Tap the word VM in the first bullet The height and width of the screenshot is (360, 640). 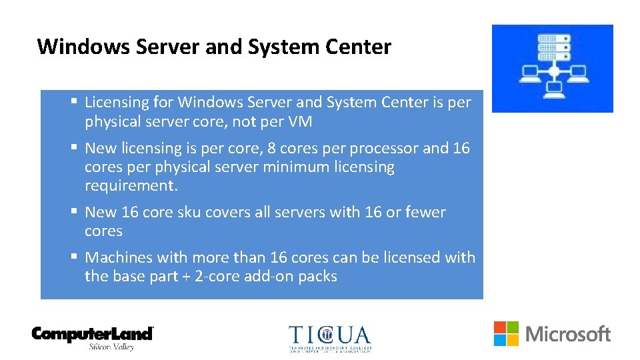tap(300, 122)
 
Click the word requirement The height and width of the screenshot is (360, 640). tap(129, 185)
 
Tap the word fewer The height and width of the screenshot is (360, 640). tap(426, 212)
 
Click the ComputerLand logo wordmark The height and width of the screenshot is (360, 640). tap(93, 333)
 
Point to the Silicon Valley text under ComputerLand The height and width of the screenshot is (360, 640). tap(111, 347)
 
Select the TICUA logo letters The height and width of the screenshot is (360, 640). tap(329, 335)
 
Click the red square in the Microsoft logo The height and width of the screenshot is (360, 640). tap(500, 327)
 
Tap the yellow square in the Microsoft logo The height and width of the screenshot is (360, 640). tap(513, 340)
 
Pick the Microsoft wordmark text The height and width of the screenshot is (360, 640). tap(568, 334)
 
